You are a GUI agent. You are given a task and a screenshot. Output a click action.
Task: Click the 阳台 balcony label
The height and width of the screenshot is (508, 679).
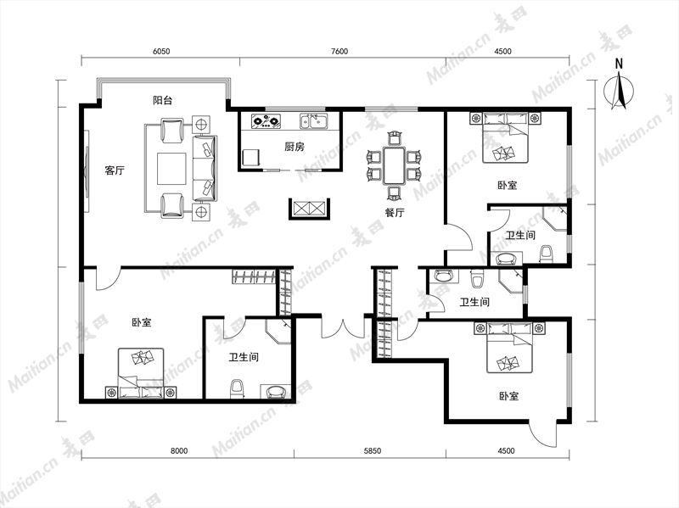click(x=162, y=100)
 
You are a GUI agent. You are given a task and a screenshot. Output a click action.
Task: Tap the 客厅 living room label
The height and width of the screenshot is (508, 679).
click(x=115, y=170)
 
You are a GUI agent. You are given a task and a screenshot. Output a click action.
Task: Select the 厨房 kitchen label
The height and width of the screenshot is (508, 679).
click(x=295, y=147)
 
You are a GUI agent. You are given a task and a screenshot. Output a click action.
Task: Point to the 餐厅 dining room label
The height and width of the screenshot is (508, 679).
click(x=395, y=213)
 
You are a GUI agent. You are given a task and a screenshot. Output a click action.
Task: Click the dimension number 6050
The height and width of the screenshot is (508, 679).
click(x=161, y=51)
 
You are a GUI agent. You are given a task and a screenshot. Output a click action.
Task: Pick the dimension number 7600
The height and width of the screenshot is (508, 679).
click(x=339, y=51)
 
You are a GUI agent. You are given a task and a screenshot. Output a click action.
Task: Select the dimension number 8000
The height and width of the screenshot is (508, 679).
click(x=179, y=451)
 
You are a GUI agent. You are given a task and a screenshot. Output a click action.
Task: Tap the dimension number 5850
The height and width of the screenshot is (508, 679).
click(x=373, y=451)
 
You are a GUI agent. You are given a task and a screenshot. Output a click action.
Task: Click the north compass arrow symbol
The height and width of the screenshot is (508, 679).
click(x=620, y=92)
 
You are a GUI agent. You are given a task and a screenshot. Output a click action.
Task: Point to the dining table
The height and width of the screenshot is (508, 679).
click(x=394, y=165)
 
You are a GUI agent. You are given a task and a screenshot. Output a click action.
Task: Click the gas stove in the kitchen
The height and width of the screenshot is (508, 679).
click(x=267, y=120)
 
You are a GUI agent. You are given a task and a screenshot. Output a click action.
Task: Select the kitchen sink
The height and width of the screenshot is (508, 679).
click(x=315, y=121)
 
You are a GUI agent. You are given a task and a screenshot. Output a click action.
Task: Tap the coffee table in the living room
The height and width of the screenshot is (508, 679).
click(x=171, y=168)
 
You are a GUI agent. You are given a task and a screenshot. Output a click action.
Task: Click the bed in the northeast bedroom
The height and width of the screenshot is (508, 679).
click(x=505, y=137)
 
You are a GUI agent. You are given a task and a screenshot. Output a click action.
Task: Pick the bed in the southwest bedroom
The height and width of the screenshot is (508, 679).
click(x=141, y=373)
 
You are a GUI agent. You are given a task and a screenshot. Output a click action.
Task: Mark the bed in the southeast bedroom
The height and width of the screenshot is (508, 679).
click(x=508, y=348)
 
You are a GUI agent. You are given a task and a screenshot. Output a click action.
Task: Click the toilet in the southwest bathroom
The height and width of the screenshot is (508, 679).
click(x=237, y=389)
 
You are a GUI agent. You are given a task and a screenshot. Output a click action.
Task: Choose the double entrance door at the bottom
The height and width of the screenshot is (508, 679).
click(x=343, y=329)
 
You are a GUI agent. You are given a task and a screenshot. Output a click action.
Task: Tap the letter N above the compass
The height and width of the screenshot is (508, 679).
click(x=620, y=64)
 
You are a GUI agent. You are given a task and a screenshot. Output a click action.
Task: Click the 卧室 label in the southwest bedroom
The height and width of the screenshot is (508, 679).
click(x=142, y=322)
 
